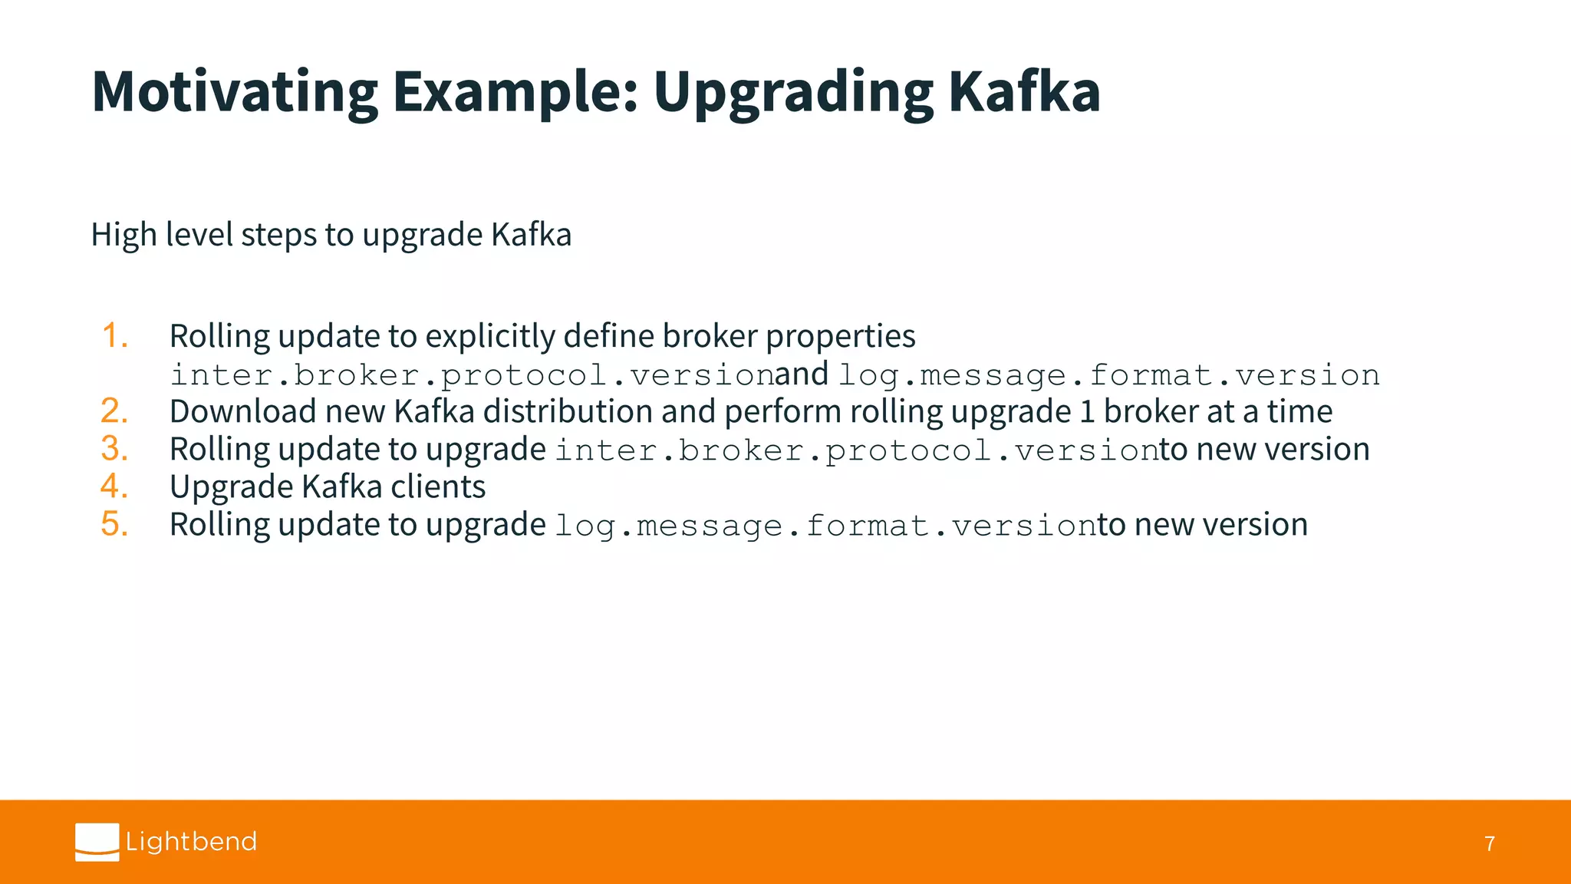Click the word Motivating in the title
[x=234, y=92]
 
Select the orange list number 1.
[x=114, y=336]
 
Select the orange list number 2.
[x=114, y=411]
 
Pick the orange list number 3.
[x=114, y=449]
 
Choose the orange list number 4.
[x=114, y=487]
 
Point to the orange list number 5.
[x=114, y=524]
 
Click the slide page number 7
[x=1489, y=844]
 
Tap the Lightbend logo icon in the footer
[x=97, y=842]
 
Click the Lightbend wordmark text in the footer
[x=191, y=842]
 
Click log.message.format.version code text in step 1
[x=1108, y=375]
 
